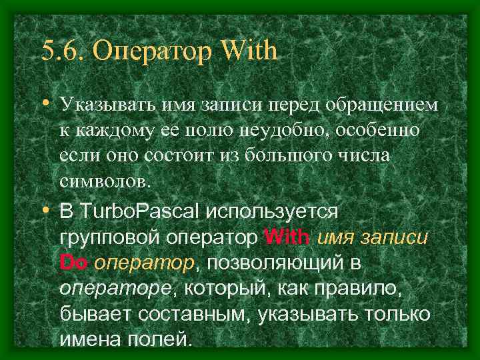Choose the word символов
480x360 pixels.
[105, 179]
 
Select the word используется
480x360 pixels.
[273, 212]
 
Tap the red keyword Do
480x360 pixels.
[73, 262]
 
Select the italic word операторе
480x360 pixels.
[114, 287]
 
